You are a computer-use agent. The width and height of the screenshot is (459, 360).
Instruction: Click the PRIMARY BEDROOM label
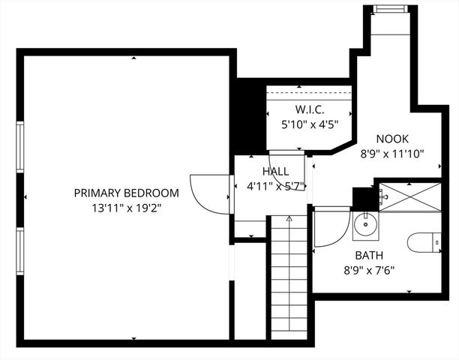126,193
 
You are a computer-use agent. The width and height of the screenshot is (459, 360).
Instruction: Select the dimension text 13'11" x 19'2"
126,208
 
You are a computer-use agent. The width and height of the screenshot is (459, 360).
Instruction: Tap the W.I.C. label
309,109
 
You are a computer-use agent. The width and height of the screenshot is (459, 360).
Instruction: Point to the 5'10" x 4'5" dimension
309,124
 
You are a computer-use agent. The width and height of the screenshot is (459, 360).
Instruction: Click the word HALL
274,172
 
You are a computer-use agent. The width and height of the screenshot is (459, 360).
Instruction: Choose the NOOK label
391,139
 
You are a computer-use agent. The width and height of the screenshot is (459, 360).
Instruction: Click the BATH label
368,256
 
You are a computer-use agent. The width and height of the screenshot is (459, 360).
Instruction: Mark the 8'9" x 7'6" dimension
368,270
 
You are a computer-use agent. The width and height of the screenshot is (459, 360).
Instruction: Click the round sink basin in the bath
365,223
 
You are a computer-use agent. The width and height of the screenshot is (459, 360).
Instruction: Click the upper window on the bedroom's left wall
20,148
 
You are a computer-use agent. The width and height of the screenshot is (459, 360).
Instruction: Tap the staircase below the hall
288,270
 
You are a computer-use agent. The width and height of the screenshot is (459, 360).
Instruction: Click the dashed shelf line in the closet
310,94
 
